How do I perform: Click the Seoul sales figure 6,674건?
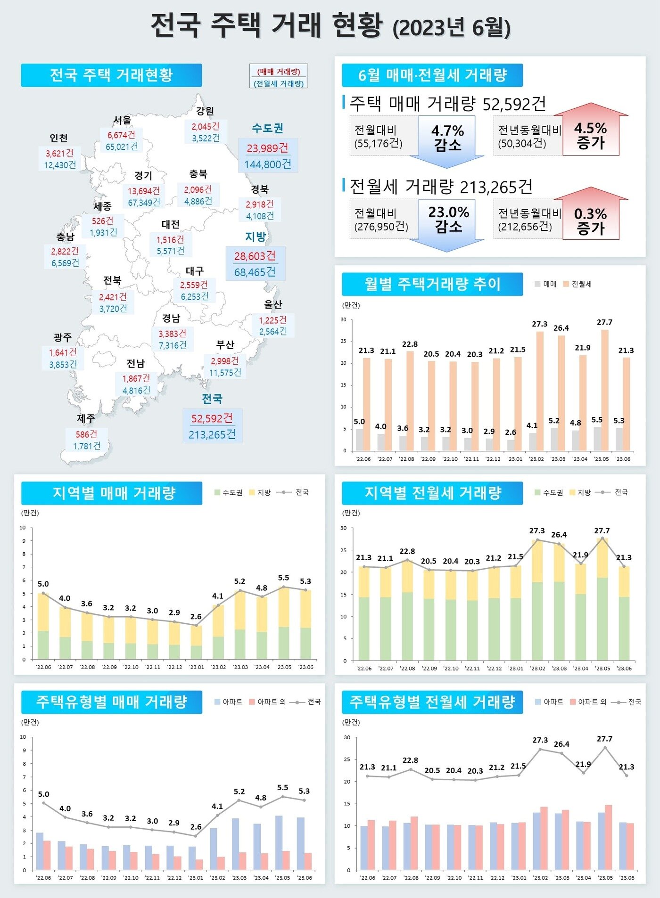(x=121, y=135)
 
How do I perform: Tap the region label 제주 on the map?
(x=86, y=418)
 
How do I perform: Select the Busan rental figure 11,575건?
(x=225, y=373)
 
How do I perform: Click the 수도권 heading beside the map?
(x=267, y=128)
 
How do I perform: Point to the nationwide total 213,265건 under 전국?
(x=212, y=434)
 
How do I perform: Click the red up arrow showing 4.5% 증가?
(x=591, y=135)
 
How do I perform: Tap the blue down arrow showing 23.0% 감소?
(x=448, y=221)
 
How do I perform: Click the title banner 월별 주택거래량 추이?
(x=432, y=284)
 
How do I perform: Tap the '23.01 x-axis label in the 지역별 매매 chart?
(x=197, y=667)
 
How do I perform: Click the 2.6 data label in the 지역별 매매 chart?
(x=196, y=616)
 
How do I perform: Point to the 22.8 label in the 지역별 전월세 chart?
(x=407, y=551)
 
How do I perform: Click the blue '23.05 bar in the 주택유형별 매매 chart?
(x=279, y=843)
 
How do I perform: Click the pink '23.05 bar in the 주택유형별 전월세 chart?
(x=609, y=837)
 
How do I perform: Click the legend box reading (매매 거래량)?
(x=279, y=72)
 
